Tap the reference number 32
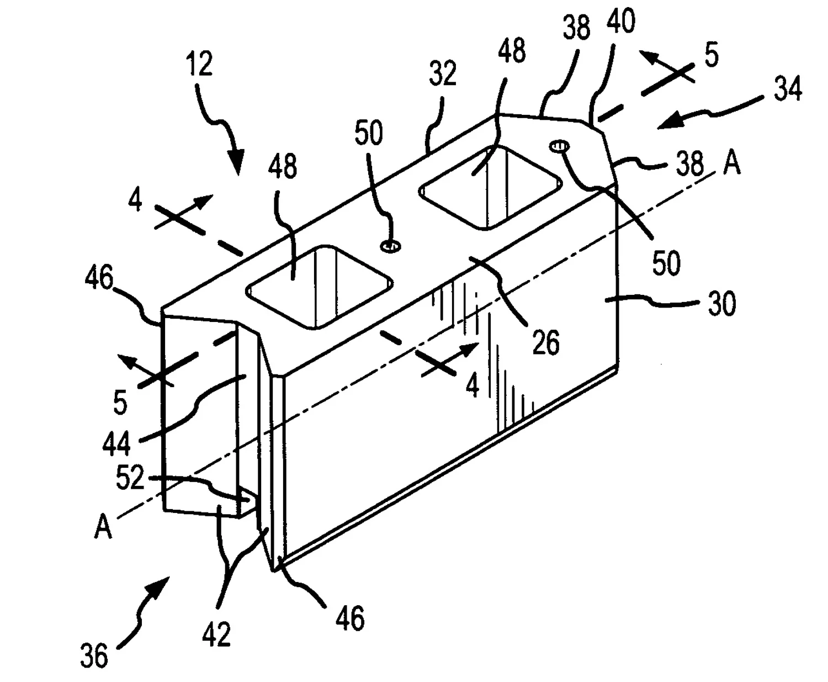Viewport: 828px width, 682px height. [442, 73]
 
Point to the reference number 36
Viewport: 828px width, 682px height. [94, 655]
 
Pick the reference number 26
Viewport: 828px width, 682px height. [546, 342]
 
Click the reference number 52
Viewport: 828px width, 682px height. [130, 478]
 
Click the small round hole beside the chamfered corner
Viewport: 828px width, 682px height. [560, 146]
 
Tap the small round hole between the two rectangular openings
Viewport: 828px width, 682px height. [391, 246]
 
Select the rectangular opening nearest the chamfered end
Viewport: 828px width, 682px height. [490, 188]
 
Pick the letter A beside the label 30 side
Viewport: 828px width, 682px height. [731, 164]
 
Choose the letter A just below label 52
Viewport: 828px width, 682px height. [103, 527]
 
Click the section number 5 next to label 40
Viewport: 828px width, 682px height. [712, 56]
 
